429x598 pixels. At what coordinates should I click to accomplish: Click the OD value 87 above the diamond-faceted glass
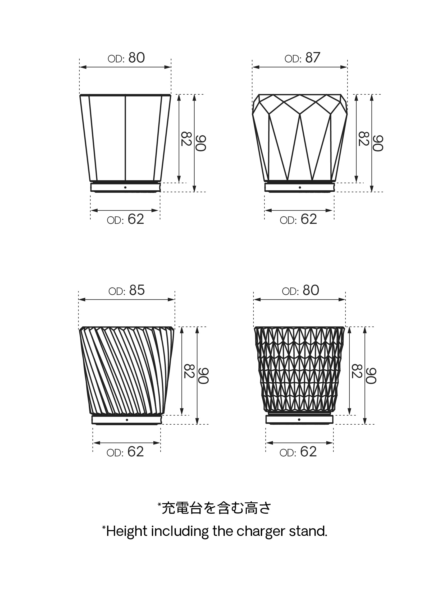coord(313,58)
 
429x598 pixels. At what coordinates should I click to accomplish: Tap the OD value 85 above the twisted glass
coord(137,290)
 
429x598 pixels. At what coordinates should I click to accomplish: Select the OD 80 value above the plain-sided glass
coord(137,58)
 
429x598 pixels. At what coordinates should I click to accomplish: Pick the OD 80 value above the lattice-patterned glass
coord(311,290)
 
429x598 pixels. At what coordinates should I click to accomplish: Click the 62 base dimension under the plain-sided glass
coord(136,219)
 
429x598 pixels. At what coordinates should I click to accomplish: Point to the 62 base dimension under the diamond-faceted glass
coord(309,219)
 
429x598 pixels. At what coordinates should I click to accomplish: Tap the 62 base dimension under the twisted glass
coord(136,452)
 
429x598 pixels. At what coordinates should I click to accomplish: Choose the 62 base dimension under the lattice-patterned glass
coord(308,452)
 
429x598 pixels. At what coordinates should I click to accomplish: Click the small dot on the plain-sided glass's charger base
coord(125,187)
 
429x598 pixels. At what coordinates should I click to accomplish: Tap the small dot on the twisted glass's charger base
coord(127,420)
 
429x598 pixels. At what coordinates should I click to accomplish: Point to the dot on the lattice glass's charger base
coord(299,419)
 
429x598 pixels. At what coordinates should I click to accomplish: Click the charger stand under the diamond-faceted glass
coord(299,187)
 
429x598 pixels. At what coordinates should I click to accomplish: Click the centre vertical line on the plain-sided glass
coord(125,137)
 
